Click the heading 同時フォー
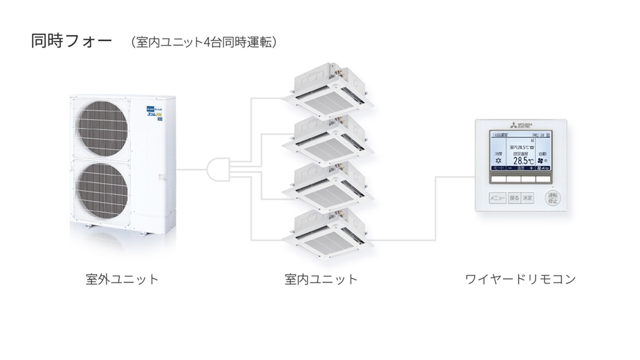(x=71, y=41)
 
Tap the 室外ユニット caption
(x=122, y=280)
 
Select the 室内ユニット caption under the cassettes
(x=321, y=280)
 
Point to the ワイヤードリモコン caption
(x=520, y=280)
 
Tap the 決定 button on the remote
(x=527, y=198)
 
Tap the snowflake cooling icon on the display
(x=498, y=161)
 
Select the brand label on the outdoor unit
(x=152, y=112)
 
